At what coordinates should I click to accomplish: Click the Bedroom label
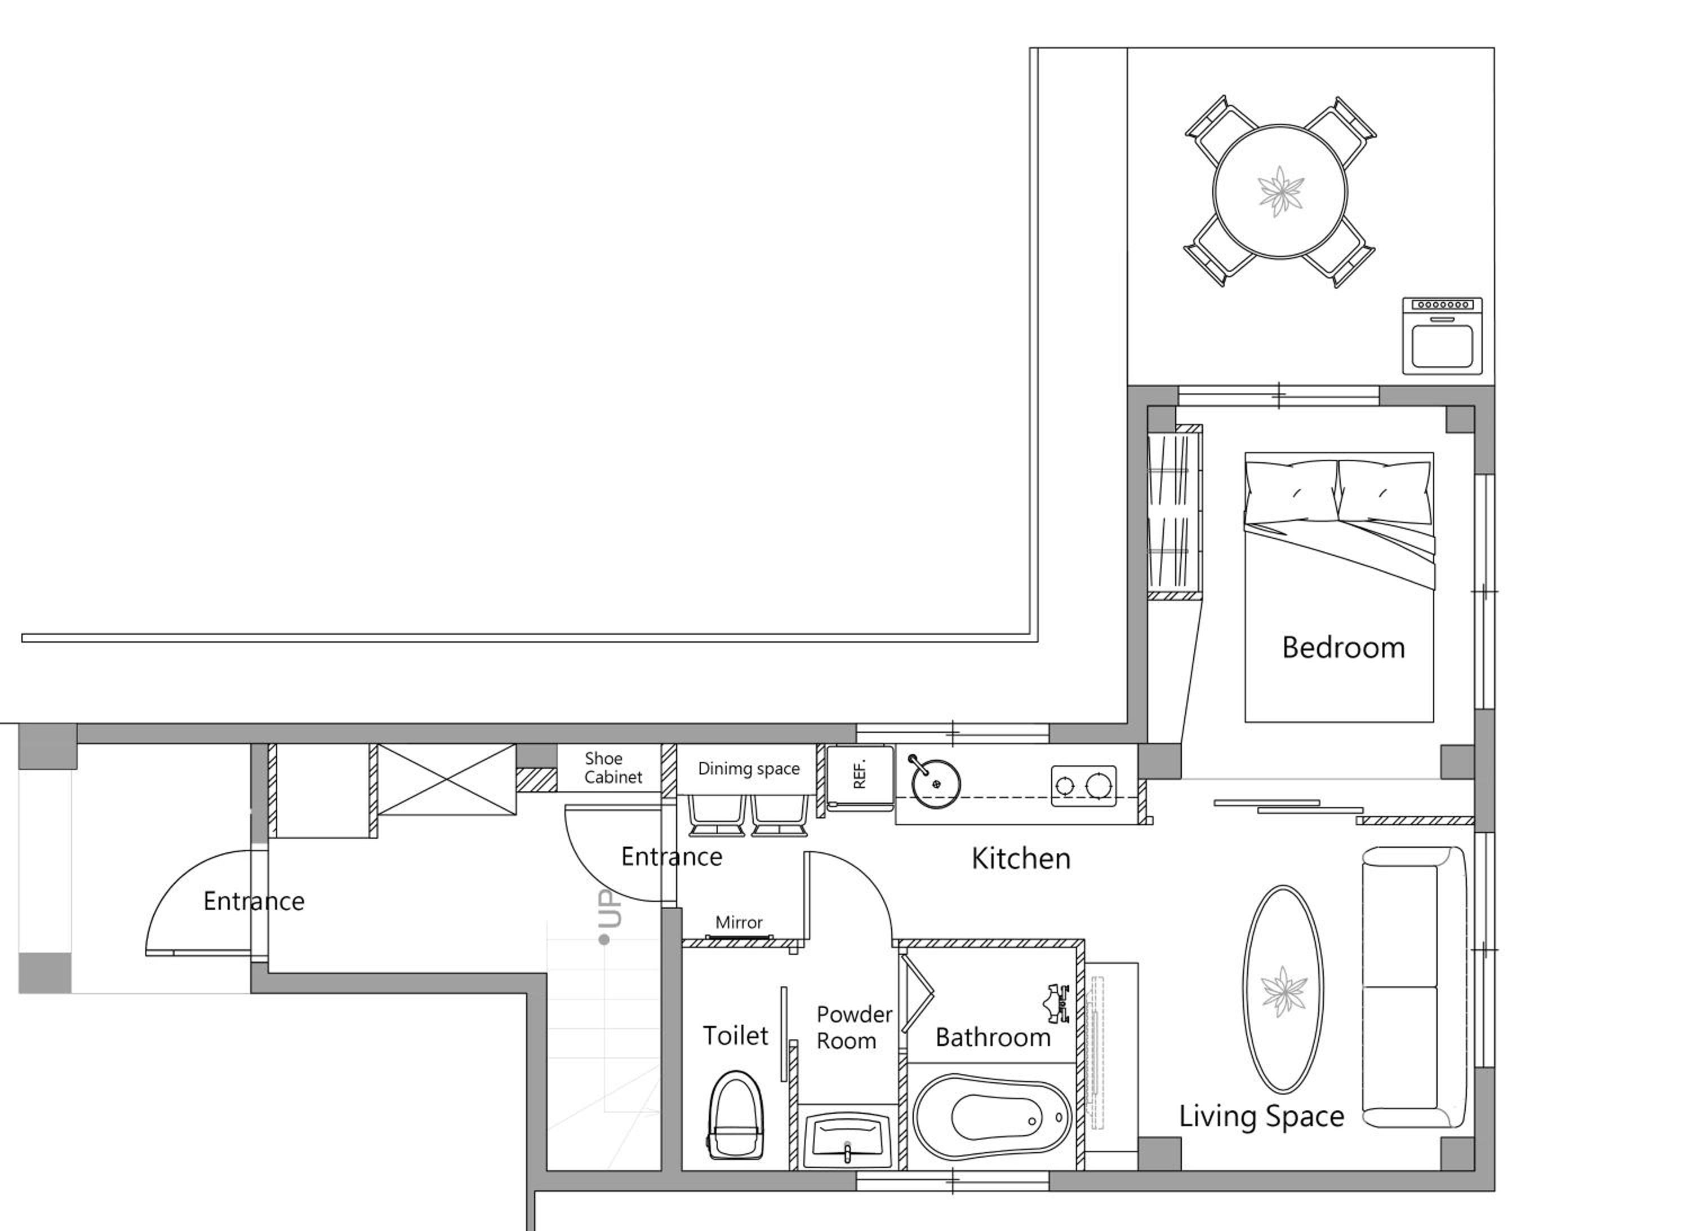1344,647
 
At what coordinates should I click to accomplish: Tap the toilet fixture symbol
736,1115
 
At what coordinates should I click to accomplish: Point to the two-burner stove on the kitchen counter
1083,786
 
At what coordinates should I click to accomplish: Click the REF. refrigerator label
859,774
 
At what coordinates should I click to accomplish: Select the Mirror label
739,922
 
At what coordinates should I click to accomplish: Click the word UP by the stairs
610,909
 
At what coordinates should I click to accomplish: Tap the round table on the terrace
1280,192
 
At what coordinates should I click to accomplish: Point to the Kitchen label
1021,859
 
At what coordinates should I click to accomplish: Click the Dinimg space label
748,769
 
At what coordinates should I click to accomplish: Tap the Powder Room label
854,1028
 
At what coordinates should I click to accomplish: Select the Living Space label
1261,1116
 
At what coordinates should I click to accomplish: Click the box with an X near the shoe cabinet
446,779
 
